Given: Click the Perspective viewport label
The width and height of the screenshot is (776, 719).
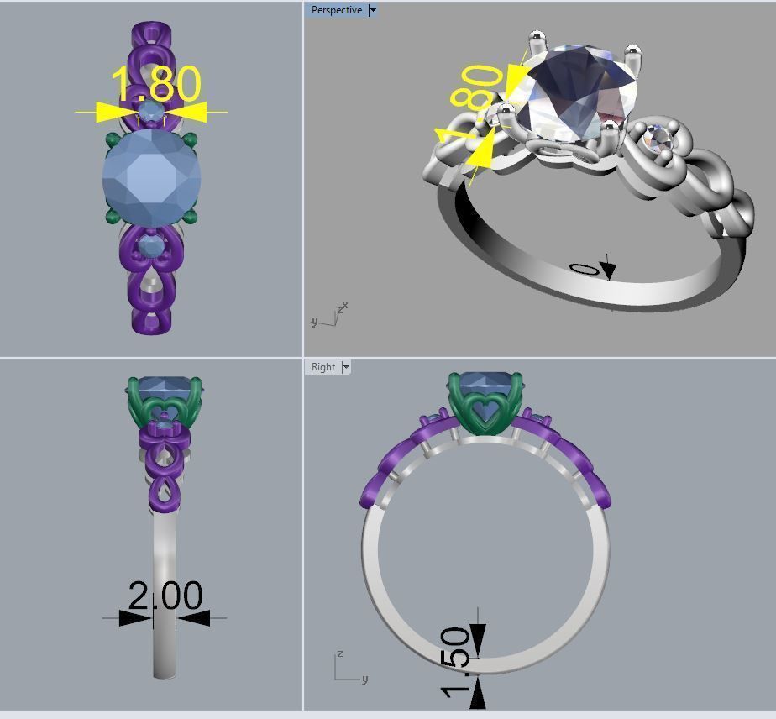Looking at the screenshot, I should [336, 10].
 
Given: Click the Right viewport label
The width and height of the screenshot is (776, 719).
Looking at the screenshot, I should [322, 367].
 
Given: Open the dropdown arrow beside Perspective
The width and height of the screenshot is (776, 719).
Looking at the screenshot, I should [373, 10].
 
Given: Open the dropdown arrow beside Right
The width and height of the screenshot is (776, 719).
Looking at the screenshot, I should [346, 367].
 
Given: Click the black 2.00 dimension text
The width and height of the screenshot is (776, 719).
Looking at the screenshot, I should [165, 596].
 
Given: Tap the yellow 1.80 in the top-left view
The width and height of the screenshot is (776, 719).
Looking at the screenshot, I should [156, 84].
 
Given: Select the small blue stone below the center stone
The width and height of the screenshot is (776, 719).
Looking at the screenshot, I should [150, 246].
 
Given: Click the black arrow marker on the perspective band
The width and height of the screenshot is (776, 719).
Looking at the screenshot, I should [607, 270].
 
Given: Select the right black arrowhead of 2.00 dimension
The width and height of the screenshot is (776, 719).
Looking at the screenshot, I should [193, 618].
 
